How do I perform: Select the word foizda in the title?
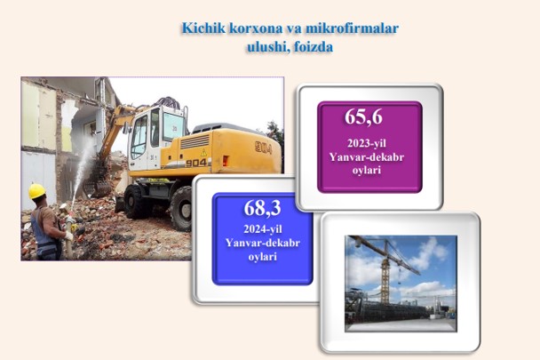tap(313, 47)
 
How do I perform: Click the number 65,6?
tap(363, 117)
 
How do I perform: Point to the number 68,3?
tap(262, 208)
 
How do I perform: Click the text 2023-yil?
tap(367, 143)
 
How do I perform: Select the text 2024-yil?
tap(263, 229)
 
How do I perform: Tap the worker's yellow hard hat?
tap(36, 191)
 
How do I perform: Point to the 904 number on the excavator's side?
tap(196, 163)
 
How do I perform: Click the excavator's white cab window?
tap(139, 137)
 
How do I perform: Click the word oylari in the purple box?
tap(367, 171)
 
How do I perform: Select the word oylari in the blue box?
tap(263, 257)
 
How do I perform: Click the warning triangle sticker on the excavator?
tap(204, 152)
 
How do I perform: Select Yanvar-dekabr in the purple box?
tap(367, 157)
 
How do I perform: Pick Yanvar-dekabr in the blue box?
tap(263, 243)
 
